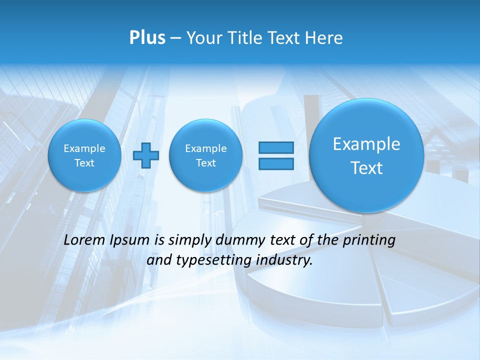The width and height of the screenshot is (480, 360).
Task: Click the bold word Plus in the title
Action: [147, 38]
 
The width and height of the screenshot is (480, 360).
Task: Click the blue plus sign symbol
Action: [146, 155]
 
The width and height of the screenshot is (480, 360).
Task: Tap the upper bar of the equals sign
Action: [275, 147]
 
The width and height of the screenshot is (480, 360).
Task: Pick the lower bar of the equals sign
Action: [275, 163]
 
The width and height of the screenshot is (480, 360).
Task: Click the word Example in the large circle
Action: [366, 144]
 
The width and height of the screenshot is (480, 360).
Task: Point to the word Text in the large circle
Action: [366, 168]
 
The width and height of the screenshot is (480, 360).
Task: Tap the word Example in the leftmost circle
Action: [84, 148]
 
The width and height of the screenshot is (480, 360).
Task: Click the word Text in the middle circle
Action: [206, 163]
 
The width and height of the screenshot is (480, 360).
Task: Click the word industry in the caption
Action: [286, 260]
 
